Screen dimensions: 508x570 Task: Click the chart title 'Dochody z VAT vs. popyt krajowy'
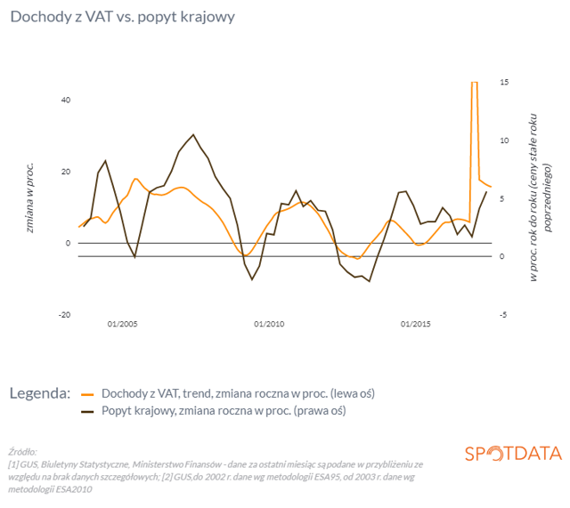(x=122, y=18)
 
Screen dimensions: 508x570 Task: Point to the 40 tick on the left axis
(x=65, y=100)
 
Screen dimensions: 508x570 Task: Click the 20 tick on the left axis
(x=65, y=172)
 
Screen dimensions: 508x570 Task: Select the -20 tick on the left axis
(x=63, y=315)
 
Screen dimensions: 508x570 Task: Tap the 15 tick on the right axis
(x=504, y=82)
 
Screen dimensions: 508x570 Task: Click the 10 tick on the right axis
(x=504, y=141)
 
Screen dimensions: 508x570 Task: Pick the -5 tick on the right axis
(x=504, y=315)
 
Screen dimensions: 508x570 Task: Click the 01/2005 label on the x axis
(x=122, y=324)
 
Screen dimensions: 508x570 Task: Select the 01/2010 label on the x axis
(x=269, y=324)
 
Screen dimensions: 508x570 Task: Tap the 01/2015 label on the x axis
(x=416, y=324)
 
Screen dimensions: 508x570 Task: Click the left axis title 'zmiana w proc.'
(x=29, y=198)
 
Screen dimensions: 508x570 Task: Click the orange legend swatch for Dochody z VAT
(x=87, y=392)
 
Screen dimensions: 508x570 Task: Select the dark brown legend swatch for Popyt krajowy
(x=87, y=411)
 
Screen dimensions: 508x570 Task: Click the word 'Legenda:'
(x=40, y=392)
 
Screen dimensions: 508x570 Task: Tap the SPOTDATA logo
(x=513, y=453)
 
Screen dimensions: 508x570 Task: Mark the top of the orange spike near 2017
(x=475, y=82)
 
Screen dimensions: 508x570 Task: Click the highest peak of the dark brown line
(x=193, y=134)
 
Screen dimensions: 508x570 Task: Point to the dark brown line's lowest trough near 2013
(x=369, y=281)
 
